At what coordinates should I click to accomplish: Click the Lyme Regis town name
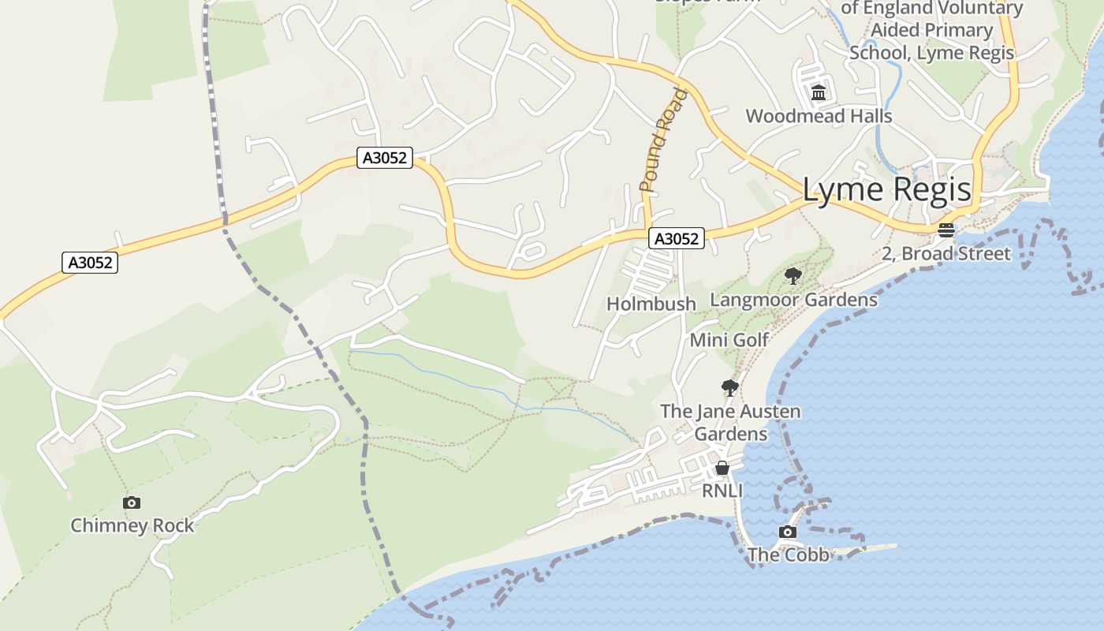click(x=887, y=190)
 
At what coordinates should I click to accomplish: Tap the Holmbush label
click(x=651, y=304)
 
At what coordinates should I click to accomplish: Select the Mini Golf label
click(x=729, y=340)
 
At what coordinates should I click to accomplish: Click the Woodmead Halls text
click(x=819, y=117)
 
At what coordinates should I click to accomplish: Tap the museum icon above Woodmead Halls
click(x=819, y=93)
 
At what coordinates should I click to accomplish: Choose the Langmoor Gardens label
click(x=793, y=300)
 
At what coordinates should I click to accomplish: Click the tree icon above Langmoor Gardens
click(x=793, y=276)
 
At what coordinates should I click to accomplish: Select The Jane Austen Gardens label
click(x=730, y=423)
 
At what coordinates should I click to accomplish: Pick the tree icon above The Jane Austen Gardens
click(x=730, y=387)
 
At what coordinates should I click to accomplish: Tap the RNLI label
click(x=722, y=491)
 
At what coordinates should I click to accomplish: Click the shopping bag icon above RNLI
click(x=722, y=469)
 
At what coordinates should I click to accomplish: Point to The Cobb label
click(x=788, y=555)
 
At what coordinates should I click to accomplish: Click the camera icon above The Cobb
click(x=787, y=532)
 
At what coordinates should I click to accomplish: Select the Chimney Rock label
click(x=132, y=525)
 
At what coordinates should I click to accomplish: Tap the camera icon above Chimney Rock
click(x=132, y=502)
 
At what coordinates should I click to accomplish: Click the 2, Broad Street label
click(x=946, y=254)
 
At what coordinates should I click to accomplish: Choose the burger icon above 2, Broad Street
click(x=946, y=230)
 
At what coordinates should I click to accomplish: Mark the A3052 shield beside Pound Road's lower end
click(x=677, y=238)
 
